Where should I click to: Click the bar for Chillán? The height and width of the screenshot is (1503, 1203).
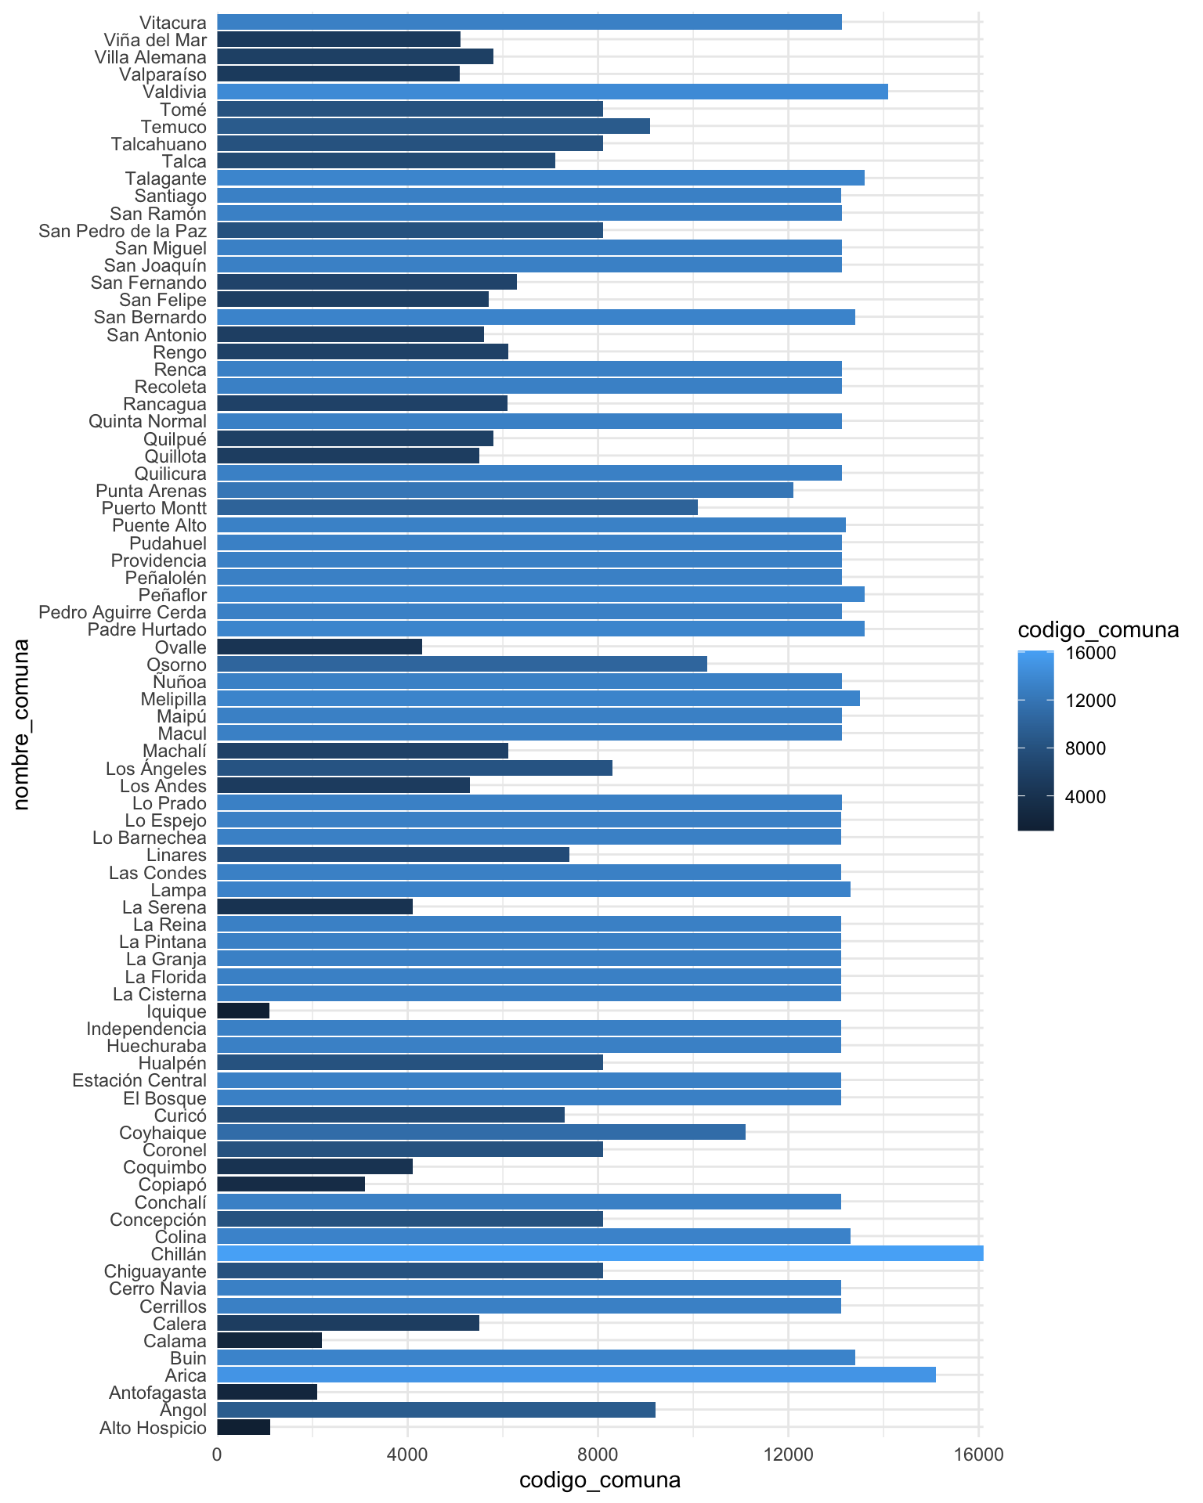599,1254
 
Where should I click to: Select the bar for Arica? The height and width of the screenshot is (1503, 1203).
576,1375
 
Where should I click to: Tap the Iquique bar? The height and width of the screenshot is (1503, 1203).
243,1011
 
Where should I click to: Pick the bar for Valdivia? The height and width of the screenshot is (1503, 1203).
552,92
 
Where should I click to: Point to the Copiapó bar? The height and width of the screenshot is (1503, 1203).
291,1184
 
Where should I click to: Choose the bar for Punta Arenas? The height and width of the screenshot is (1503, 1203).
504,491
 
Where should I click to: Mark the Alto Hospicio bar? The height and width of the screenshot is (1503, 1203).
244,1427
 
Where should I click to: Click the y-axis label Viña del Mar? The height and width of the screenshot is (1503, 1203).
155,39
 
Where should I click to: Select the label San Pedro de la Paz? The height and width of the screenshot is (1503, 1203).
123,230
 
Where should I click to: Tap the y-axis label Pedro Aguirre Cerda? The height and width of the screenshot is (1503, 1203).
123,612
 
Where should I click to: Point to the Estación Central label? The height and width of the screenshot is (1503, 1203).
139,1081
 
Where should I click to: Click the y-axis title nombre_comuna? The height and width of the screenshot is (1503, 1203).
21,724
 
